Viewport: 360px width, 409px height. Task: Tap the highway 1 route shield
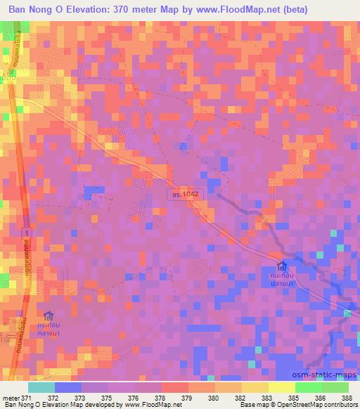click(x=27, y=232)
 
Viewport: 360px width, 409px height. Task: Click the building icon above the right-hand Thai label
click(x=283, y=268)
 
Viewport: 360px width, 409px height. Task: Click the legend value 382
click(x=240, y=398)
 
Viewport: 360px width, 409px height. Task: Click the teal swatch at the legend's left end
click(x=41, y=387)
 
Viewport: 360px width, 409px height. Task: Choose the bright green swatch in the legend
click(x=309, y=387)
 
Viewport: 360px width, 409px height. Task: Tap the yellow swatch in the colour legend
click(x=282, y=387)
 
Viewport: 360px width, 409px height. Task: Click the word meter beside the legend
click(x=10, y=398)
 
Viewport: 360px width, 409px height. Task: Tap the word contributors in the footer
click(x=340, y=405)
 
